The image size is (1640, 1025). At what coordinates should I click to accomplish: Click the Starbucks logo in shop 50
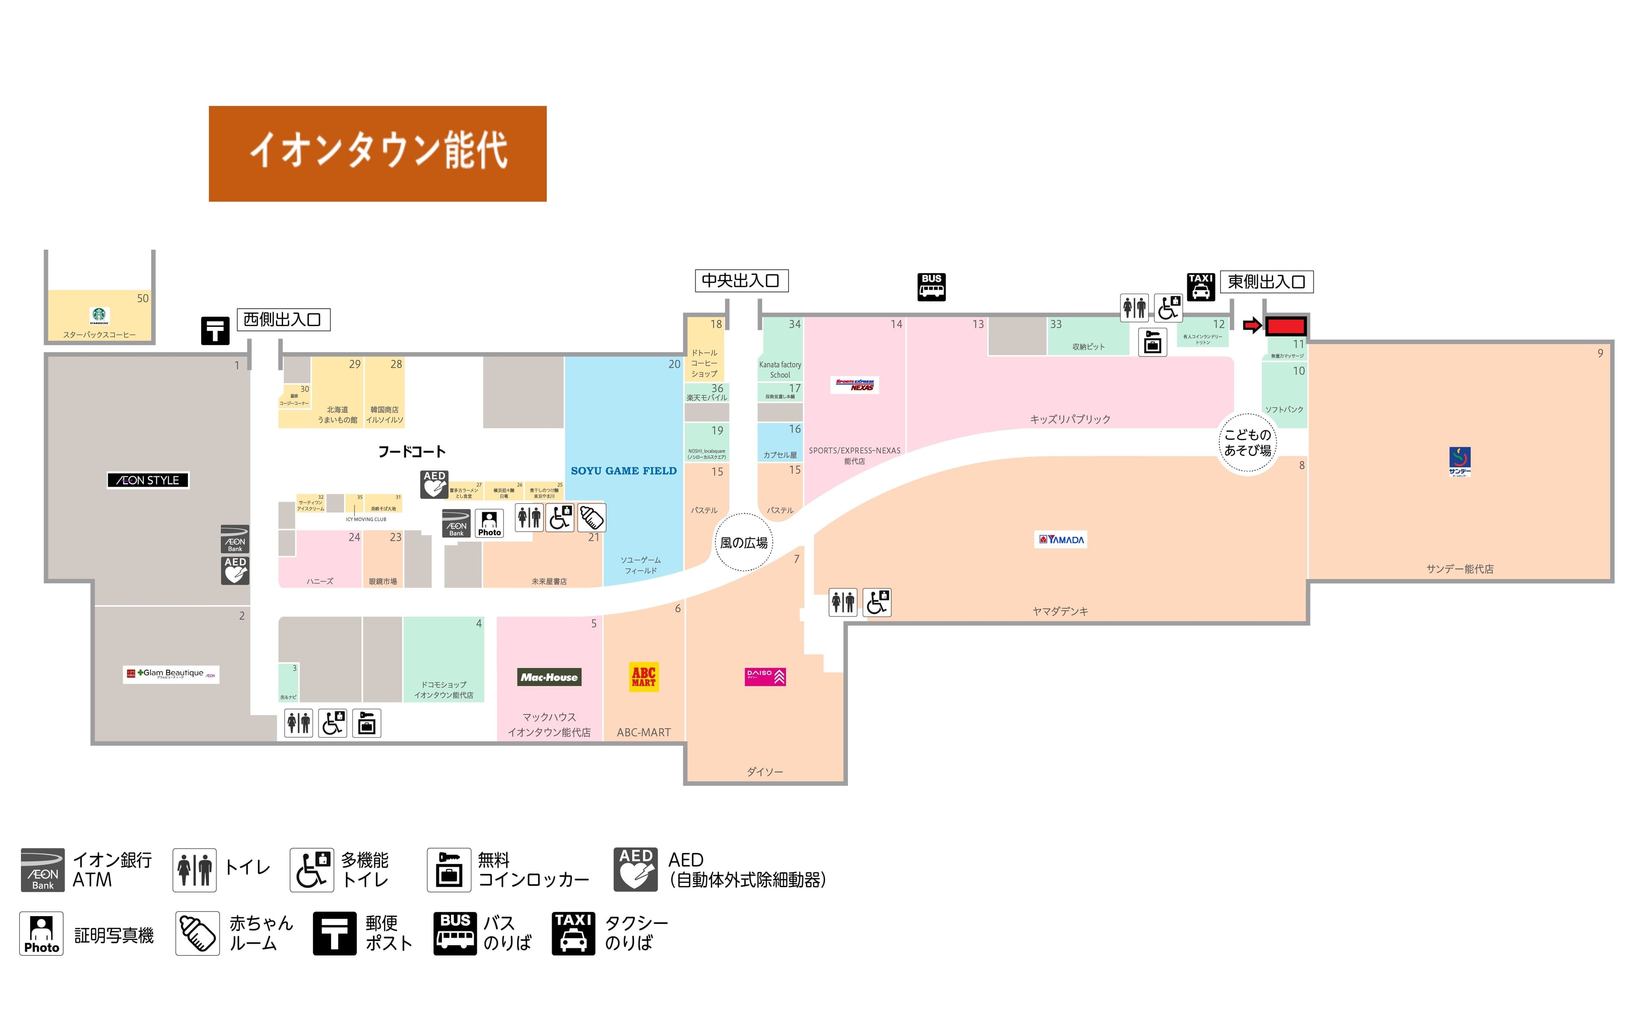[x=100, y=315]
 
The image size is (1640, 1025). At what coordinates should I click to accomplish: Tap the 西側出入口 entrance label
[x=283, y=319]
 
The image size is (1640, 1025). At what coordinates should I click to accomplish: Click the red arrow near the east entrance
[x=1251, y=326]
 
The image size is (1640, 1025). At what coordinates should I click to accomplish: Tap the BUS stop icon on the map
[x=931, y=287]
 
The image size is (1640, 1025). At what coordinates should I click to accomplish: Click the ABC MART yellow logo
[x=643, y=677]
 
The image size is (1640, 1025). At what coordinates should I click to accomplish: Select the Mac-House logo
[x=549, y=677]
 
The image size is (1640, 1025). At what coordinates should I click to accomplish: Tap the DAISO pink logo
[x=764, y=677]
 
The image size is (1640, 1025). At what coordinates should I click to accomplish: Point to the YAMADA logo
[x=1061, y=540]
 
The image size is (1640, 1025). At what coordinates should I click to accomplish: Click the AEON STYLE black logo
[x=148, y=480]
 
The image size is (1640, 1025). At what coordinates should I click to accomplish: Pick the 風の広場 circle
[x=744, y=542]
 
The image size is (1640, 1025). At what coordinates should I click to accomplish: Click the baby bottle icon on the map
[x=592, y=518]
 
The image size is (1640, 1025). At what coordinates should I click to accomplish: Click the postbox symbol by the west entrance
[x=215, y=331]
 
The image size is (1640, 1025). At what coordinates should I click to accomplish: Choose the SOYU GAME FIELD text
[x=623, y=470]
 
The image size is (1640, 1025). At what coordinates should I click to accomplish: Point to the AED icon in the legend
[x=635, y=869]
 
